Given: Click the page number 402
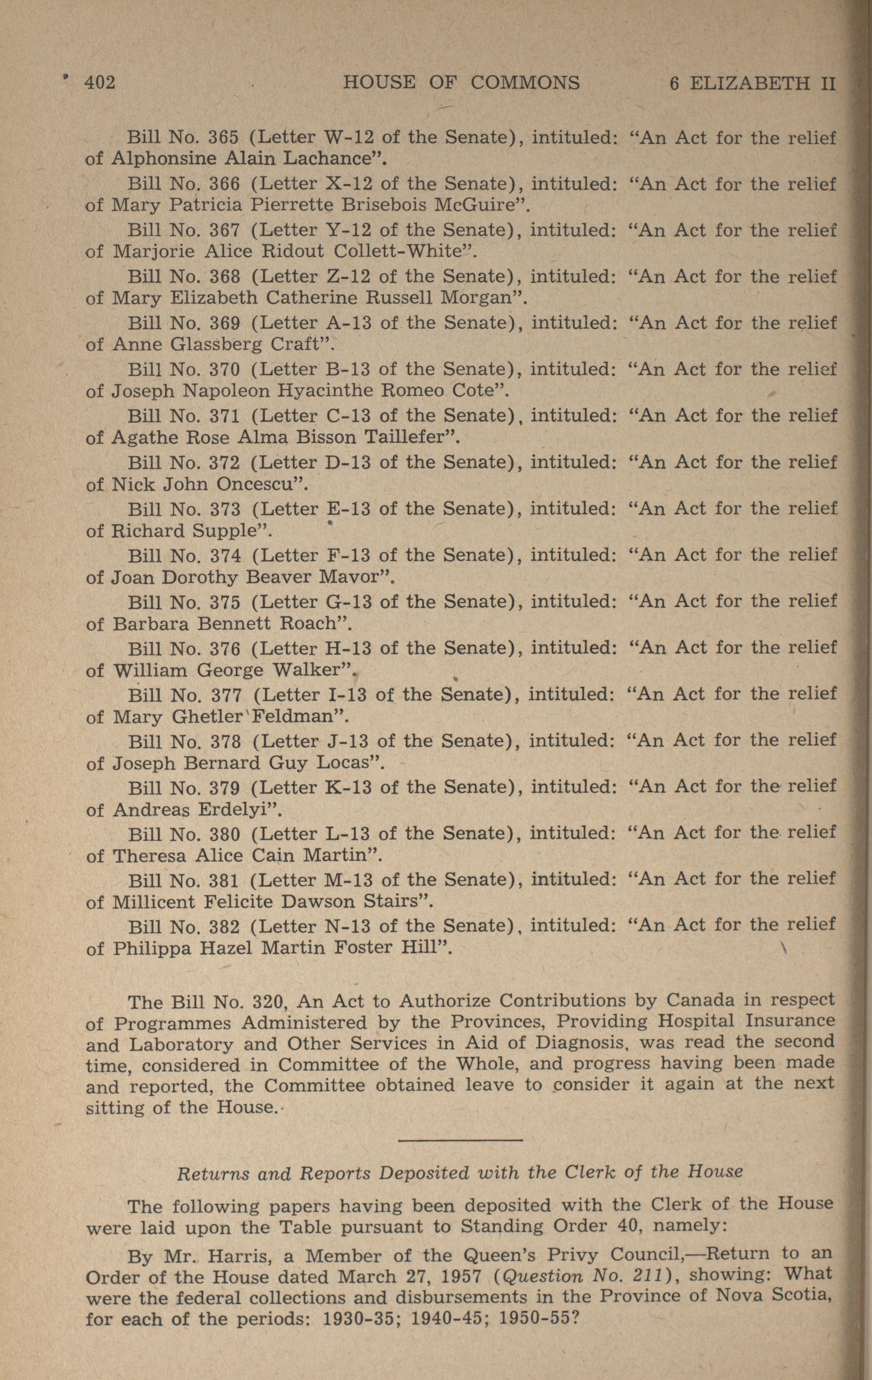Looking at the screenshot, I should pos(100,83).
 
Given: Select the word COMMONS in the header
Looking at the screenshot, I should pos(525,83).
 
